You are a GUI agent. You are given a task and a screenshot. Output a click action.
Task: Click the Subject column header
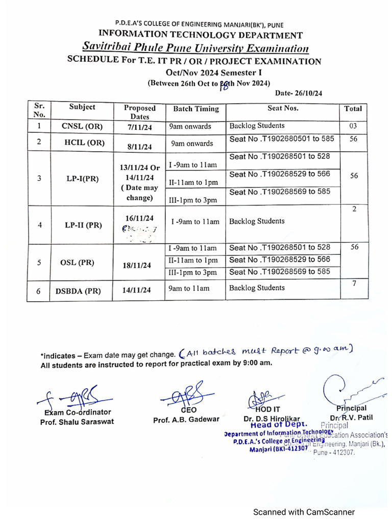[x=82, y=107]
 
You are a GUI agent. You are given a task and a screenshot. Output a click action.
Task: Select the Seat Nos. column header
[x=283, y=108]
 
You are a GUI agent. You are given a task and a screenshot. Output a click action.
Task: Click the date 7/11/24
[x=139, y=127]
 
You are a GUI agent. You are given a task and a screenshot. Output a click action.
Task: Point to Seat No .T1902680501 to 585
[x=282, y=139]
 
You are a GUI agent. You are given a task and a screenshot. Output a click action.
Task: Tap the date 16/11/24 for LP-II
[x=139, y=217]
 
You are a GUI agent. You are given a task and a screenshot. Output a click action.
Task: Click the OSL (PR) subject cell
[x=82, y=263]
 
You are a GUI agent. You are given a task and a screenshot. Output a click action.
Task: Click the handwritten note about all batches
[x=266, y=352]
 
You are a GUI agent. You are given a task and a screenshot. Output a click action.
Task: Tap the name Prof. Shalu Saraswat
[x=77, y=422]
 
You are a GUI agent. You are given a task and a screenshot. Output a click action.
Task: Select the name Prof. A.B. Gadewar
[x=186, y=419]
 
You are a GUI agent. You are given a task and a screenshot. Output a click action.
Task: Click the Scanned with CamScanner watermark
[x=305, y=512]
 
